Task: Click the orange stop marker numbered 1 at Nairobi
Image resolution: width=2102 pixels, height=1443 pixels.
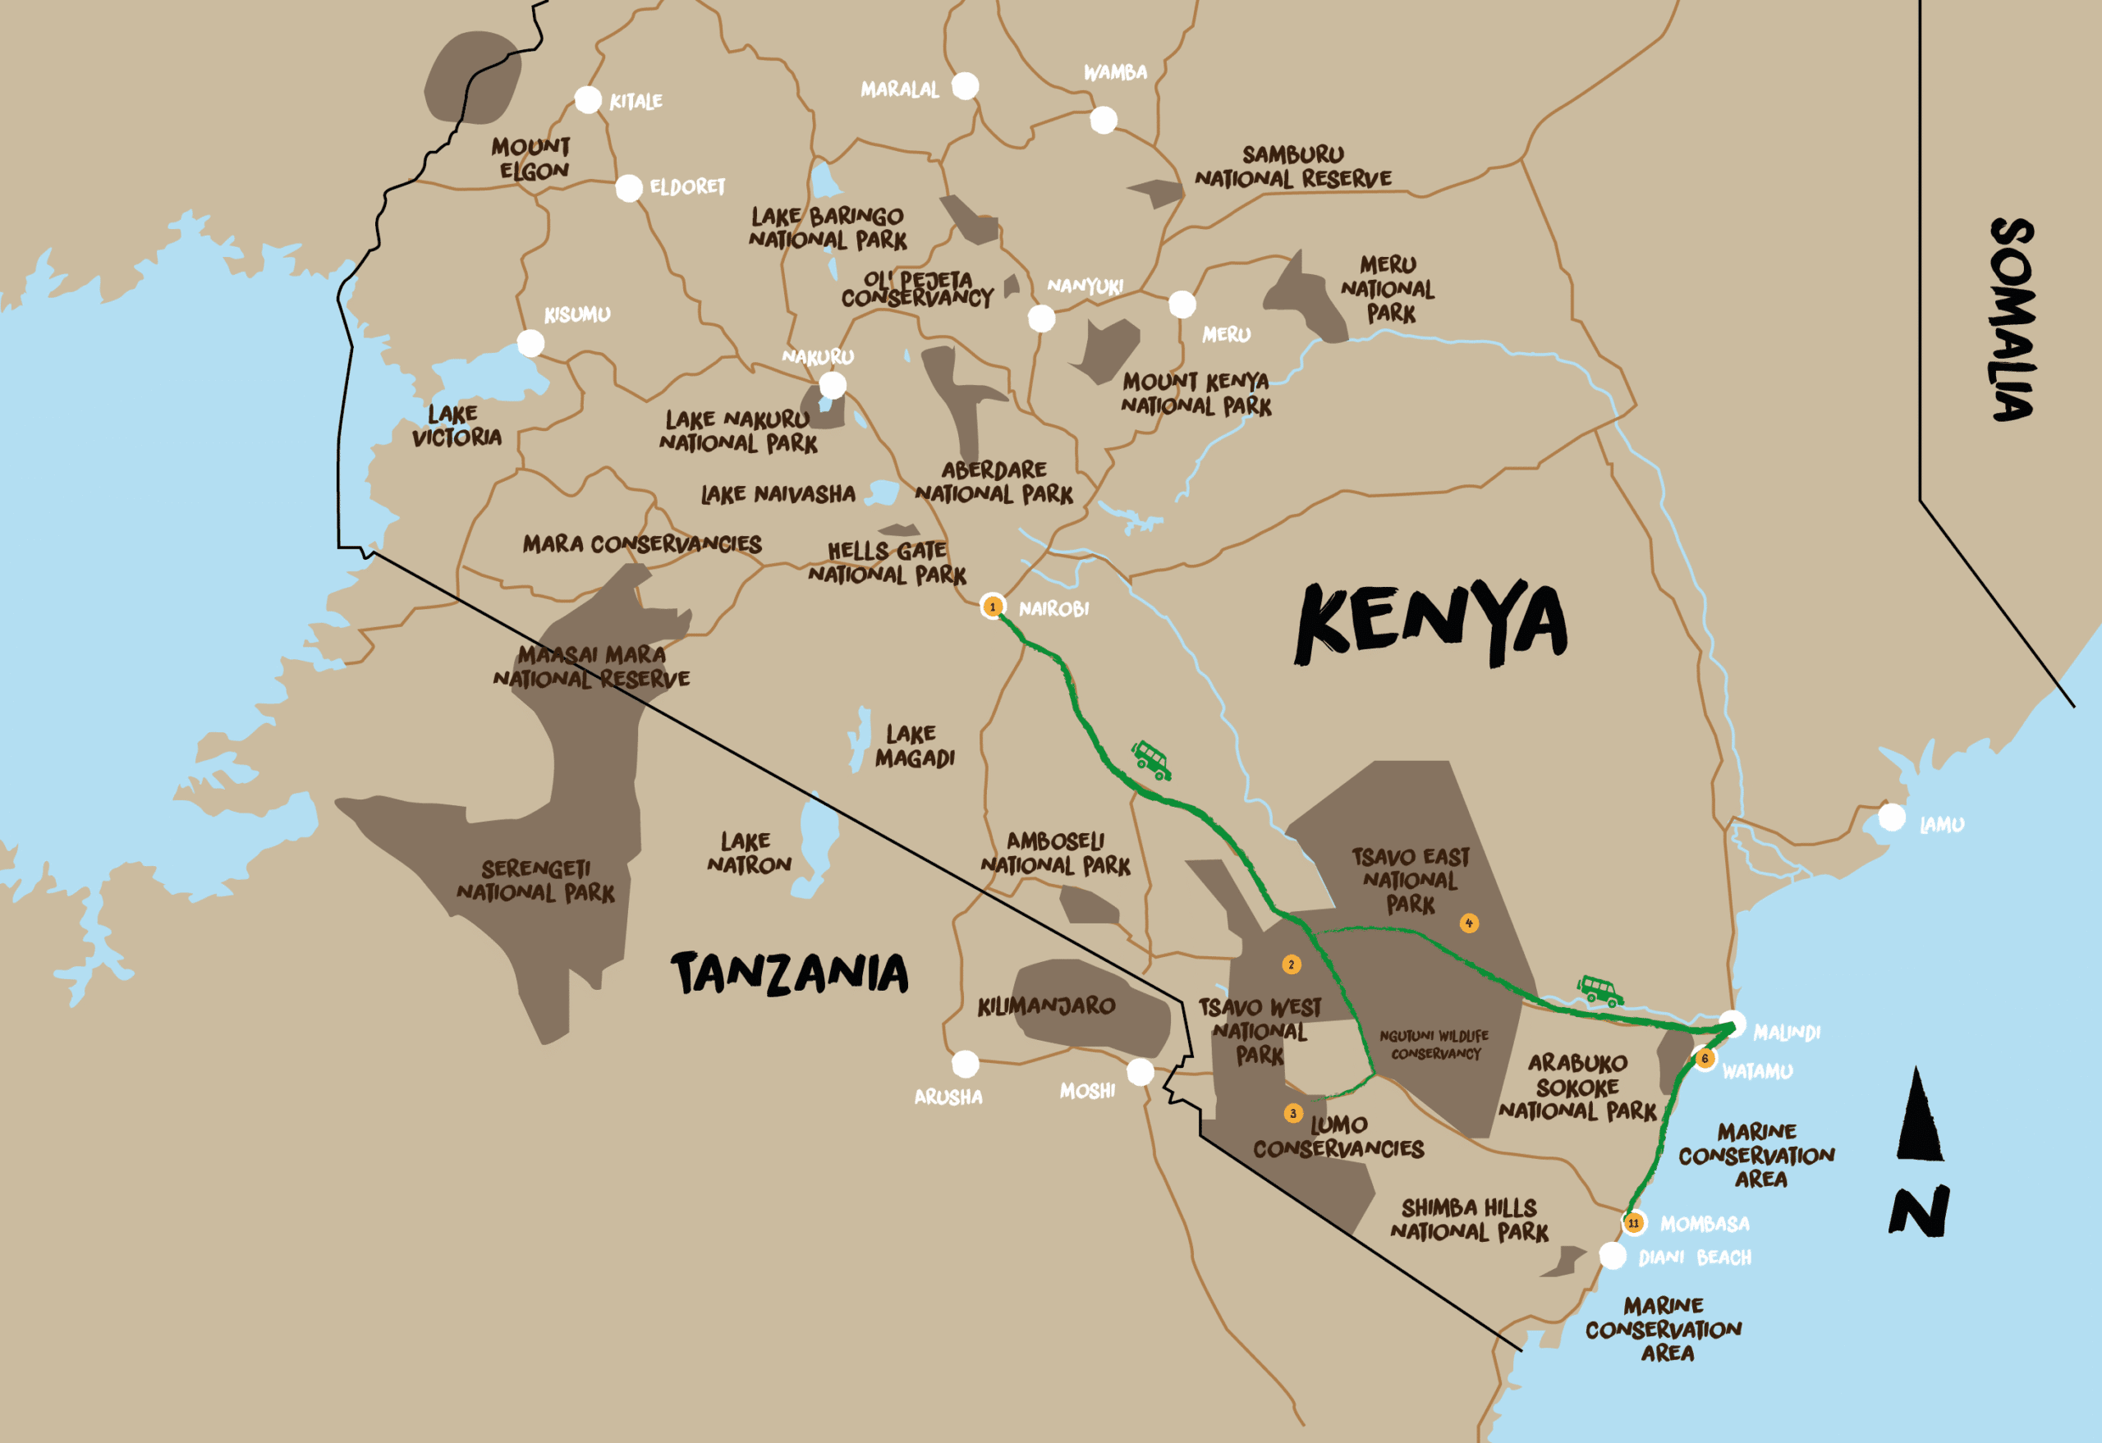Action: tap(992, 607)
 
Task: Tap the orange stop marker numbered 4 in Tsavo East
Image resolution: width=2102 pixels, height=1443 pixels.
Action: tap(1469, 923)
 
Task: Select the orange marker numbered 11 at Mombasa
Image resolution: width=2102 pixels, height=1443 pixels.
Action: tap(1633, 1223)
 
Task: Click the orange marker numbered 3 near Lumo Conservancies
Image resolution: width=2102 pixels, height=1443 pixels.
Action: tap(1293, 1113)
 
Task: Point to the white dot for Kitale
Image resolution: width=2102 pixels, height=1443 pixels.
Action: tap(588, 99)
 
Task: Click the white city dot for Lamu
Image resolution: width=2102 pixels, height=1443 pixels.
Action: tap(1891, 818)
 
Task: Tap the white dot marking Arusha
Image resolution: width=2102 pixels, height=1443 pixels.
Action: tap(965, 1064)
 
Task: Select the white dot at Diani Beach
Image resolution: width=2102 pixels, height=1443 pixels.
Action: tap(1613, 1256)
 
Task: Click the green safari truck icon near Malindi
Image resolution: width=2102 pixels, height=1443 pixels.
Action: tap(1600, 990)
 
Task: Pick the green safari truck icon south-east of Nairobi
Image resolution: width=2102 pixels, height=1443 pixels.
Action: tap(1151, 759)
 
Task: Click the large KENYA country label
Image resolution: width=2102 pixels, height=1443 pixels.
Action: tap(1431, 622)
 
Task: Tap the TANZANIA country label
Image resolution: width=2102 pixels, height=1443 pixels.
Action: tap(789, 973)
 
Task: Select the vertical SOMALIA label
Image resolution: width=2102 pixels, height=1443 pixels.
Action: tap(2013, 319)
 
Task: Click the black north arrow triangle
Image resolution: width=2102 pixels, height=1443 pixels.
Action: tap(1919, 1117)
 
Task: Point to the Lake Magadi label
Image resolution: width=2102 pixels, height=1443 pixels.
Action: tap(914, 746)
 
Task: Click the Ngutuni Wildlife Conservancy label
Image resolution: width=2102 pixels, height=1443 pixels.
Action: tap(1434, 1044)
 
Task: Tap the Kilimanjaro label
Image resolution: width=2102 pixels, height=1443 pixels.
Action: tap(1045, 1006)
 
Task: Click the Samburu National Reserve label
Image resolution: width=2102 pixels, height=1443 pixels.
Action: tap(1292, 167)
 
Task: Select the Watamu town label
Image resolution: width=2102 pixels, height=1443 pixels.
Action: tap(1756, 1071)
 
